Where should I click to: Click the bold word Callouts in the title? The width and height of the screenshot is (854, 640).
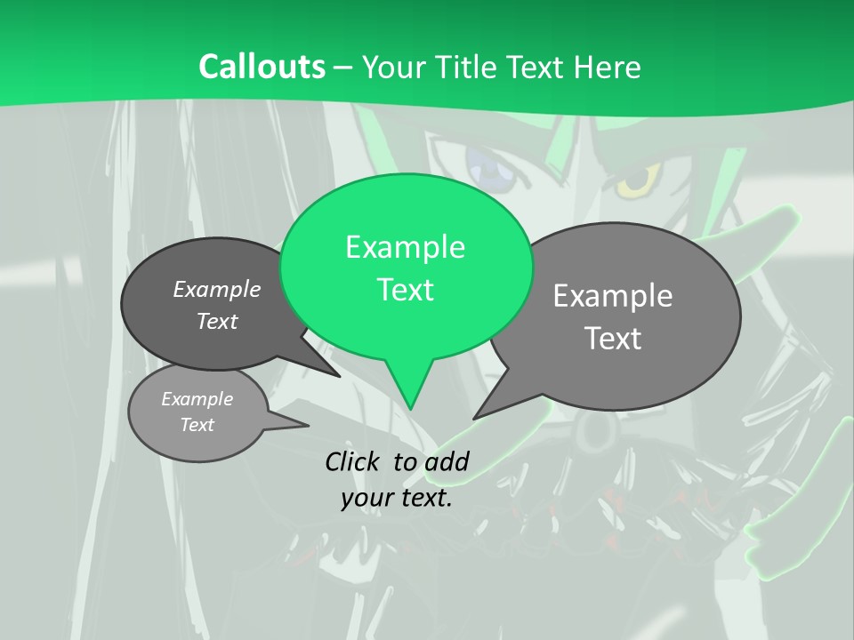coord(262,67)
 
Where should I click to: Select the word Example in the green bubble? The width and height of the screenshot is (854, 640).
coord(405,246)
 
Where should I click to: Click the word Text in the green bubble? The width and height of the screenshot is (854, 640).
coord(405,290)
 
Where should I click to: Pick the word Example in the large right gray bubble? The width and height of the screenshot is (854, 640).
coord(613,295)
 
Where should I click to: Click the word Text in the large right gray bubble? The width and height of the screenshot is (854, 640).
coord(613,338)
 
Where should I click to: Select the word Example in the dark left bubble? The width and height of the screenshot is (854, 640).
coord(217,289)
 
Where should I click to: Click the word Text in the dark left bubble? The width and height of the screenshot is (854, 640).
coord(217,321)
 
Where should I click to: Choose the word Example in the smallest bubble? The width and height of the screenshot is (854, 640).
coord(197,399)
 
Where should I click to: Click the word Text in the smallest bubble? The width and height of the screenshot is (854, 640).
coord(197,425)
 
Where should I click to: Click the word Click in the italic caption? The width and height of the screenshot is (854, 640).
coord(355,461)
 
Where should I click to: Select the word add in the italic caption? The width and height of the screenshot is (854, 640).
coord(446,461)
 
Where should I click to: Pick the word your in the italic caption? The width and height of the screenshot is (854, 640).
coord(367,498)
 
